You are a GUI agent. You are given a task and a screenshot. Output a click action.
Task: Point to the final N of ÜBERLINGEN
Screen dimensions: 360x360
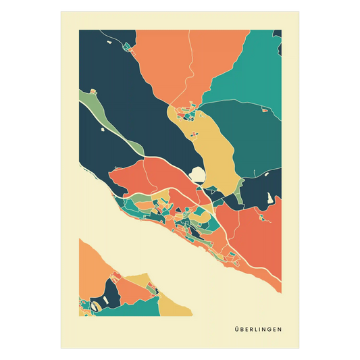pos(280,330)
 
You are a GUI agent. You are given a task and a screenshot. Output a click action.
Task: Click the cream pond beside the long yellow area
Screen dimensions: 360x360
pos(199,175)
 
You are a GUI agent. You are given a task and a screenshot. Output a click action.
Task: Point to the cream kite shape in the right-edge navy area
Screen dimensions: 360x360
pos(270,199)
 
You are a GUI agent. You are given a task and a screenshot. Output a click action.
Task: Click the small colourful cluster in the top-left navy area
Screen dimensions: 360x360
pos(126,47)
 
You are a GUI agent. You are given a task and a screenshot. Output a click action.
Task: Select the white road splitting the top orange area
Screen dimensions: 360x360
pos(191,68)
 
